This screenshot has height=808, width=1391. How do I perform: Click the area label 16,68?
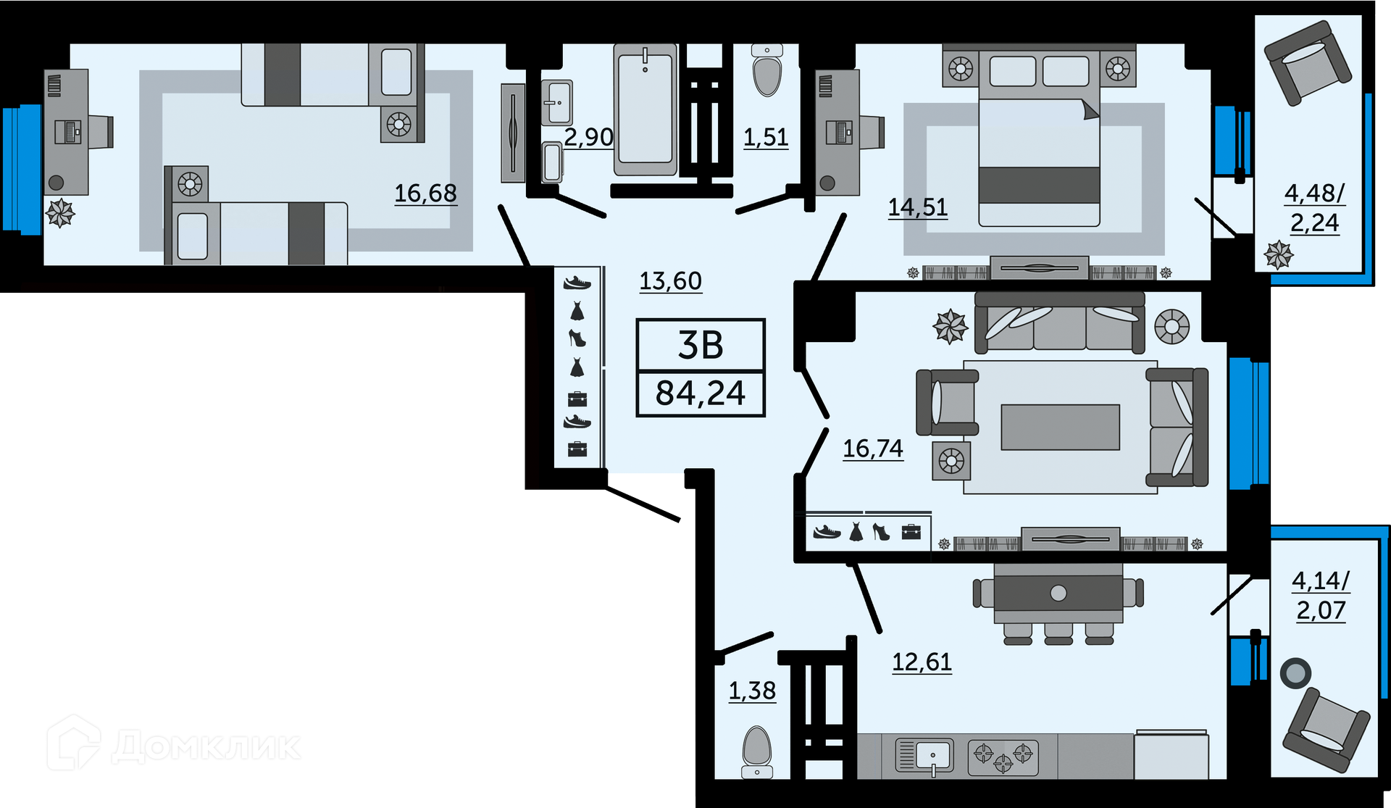point(425,193)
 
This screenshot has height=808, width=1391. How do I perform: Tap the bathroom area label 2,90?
point(588,137)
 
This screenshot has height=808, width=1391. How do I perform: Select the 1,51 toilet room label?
point(766,137)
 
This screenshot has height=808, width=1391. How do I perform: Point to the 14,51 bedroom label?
point(918,207)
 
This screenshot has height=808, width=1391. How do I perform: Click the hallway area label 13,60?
point(670,280)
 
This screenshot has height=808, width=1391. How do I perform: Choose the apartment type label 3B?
point(700,346)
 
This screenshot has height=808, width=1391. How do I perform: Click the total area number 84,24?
point(700,393)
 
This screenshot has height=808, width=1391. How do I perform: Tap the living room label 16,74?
point(873,449)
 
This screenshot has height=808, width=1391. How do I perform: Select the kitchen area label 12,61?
point(922,662)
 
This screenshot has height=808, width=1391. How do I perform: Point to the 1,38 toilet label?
point(752,691)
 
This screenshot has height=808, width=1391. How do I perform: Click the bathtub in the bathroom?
point(645,109)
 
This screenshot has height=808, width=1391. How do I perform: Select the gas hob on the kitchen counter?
point(1003,757)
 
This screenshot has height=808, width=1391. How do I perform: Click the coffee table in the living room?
point(1060,427)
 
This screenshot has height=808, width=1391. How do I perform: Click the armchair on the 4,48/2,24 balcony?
point(1308,62)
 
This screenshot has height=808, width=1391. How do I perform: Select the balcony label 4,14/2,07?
point(1321,596)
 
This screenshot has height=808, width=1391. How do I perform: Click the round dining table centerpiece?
point(1058,593)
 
